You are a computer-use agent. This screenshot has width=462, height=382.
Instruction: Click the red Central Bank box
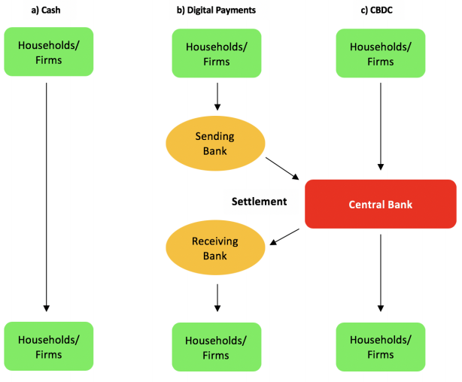380,204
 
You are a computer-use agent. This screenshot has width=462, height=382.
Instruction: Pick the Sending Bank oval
215,144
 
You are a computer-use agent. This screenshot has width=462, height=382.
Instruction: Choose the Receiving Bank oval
215,249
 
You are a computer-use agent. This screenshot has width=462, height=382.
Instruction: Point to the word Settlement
259,202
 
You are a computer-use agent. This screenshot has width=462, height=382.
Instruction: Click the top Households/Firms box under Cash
49,51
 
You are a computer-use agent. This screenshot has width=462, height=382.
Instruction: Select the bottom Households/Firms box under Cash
49,347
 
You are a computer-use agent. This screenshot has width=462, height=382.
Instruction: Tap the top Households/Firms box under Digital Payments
217,53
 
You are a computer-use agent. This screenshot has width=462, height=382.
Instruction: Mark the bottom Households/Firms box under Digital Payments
217,347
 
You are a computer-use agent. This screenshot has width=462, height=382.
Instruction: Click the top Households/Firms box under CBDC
380,53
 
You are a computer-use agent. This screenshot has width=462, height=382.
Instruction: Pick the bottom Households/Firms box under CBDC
380,347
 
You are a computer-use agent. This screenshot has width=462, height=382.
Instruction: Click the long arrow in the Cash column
47,196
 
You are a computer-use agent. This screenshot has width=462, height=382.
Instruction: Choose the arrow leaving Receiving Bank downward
217,297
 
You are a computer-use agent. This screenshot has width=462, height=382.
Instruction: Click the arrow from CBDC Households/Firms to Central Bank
381,124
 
